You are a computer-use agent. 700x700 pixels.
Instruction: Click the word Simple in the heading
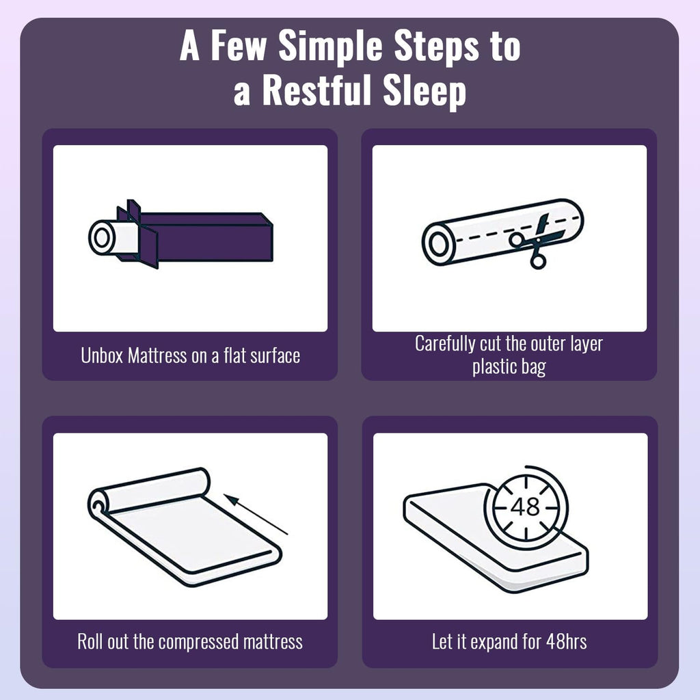point(330,47)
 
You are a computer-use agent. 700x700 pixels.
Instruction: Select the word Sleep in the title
point(425,92)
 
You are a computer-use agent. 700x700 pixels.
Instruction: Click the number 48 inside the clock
point(525,507)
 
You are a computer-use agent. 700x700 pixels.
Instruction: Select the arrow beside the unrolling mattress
point(256,514)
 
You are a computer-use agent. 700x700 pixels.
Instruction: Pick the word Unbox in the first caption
point(102,355)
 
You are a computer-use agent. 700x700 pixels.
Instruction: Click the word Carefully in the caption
point(445,345)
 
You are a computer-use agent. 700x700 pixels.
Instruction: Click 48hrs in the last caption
point(566,641)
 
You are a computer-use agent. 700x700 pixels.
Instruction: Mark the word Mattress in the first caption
point(157,355)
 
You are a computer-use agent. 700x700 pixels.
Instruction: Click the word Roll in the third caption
point(90,641)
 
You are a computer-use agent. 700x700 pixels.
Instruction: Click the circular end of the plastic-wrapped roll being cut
point(439,244)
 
